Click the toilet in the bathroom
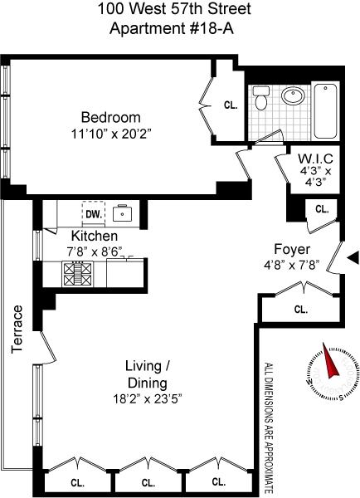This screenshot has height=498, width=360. pyautogui.click(x=261, y=97)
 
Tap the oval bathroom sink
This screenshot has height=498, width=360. pyautogui.click(x=292, y=95)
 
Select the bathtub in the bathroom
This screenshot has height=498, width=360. pyautogui.click(x=325, y=111)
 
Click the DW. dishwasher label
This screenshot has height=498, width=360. pyautogui.click(x=94, y=214)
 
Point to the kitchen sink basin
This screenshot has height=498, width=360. pyautogui.click(x=122, y=212)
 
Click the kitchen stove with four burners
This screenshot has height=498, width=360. pyautogui.click(x=78, y=274)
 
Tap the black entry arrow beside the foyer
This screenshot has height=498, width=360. pyautogui.click(x=353, y=257)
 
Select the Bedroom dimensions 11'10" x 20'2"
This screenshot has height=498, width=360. pyautogui.click(x=110, y=134)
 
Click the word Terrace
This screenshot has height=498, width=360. pyautogui.click(x=17, y=330)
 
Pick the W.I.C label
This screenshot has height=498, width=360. pyautogui.click(x=315, y=159)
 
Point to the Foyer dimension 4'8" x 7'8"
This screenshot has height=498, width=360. pyautogui.click(x=291, y=265)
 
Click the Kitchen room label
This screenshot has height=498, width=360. pyautogui.click(x=95, y=236)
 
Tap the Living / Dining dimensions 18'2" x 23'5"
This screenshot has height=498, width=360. pyautogui.click(x=148, y=398)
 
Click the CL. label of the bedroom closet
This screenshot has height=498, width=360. pyautogui.click(x=231, y=105)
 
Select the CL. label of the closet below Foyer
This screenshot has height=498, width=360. pyautogui.click(x=300, y=310)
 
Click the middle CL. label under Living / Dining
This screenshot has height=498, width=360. pyautogui.click(x=148, y=483)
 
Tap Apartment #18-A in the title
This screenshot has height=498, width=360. pyautogui.click(x=172, y=28)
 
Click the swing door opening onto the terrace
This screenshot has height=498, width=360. pyautogui.click(x=48, y=348)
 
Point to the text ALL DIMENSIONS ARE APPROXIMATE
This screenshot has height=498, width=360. pyautogui.click(x=269, y=428)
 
